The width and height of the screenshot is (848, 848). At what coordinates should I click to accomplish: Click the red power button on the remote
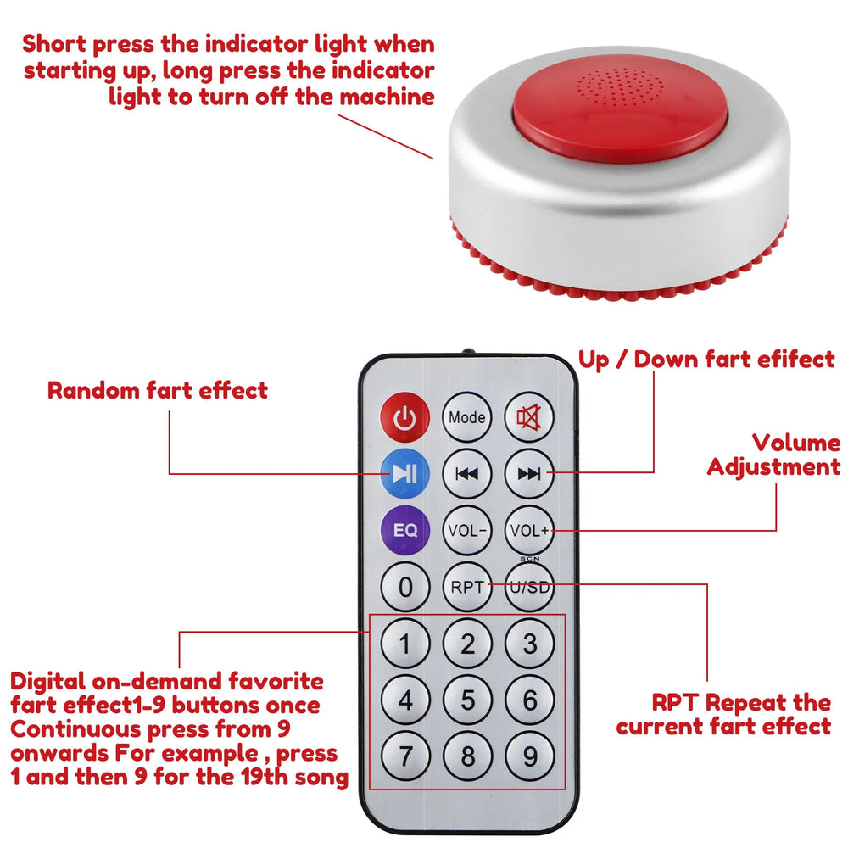click(405, 418)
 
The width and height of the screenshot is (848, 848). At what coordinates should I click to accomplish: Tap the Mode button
click(467, 417)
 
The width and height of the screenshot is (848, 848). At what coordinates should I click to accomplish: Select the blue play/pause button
click(405, 474)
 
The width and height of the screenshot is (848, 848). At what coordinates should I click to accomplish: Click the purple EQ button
click(405, 531)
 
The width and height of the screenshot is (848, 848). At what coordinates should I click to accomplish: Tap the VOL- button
click(467, 531)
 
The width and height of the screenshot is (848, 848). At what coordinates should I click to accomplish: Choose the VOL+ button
click(529, 531)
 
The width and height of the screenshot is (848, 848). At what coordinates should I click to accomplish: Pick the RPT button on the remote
click(467, 587)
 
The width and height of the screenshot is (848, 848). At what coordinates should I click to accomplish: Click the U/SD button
click(529, 587)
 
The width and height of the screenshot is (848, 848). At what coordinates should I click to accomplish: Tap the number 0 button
click(405, 587)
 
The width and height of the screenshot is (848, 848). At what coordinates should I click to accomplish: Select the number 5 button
click(467, 701)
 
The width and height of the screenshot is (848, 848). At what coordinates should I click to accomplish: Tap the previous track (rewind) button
click(467, 474)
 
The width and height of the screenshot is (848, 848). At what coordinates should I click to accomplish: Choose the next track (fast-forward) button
click(529, 474)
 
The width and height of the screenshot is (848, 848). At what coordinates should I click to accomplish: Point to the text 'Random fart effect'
click(158, 391)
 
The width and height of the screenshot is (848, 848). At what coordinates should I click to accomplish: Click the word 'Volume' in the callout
click(796, 443)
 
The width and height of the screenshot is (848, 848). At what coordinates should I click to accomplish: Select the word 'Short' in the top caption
click(54, 44)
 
